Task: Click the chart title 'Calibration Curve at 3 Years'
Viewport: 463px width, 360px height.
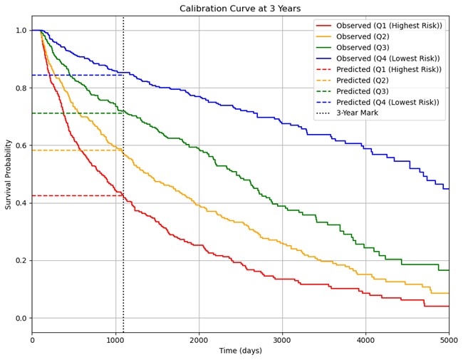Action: click(x=240, y=9)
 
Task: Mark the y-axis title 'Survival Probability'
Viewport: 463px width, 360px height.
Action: click(x=9, y=174)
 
